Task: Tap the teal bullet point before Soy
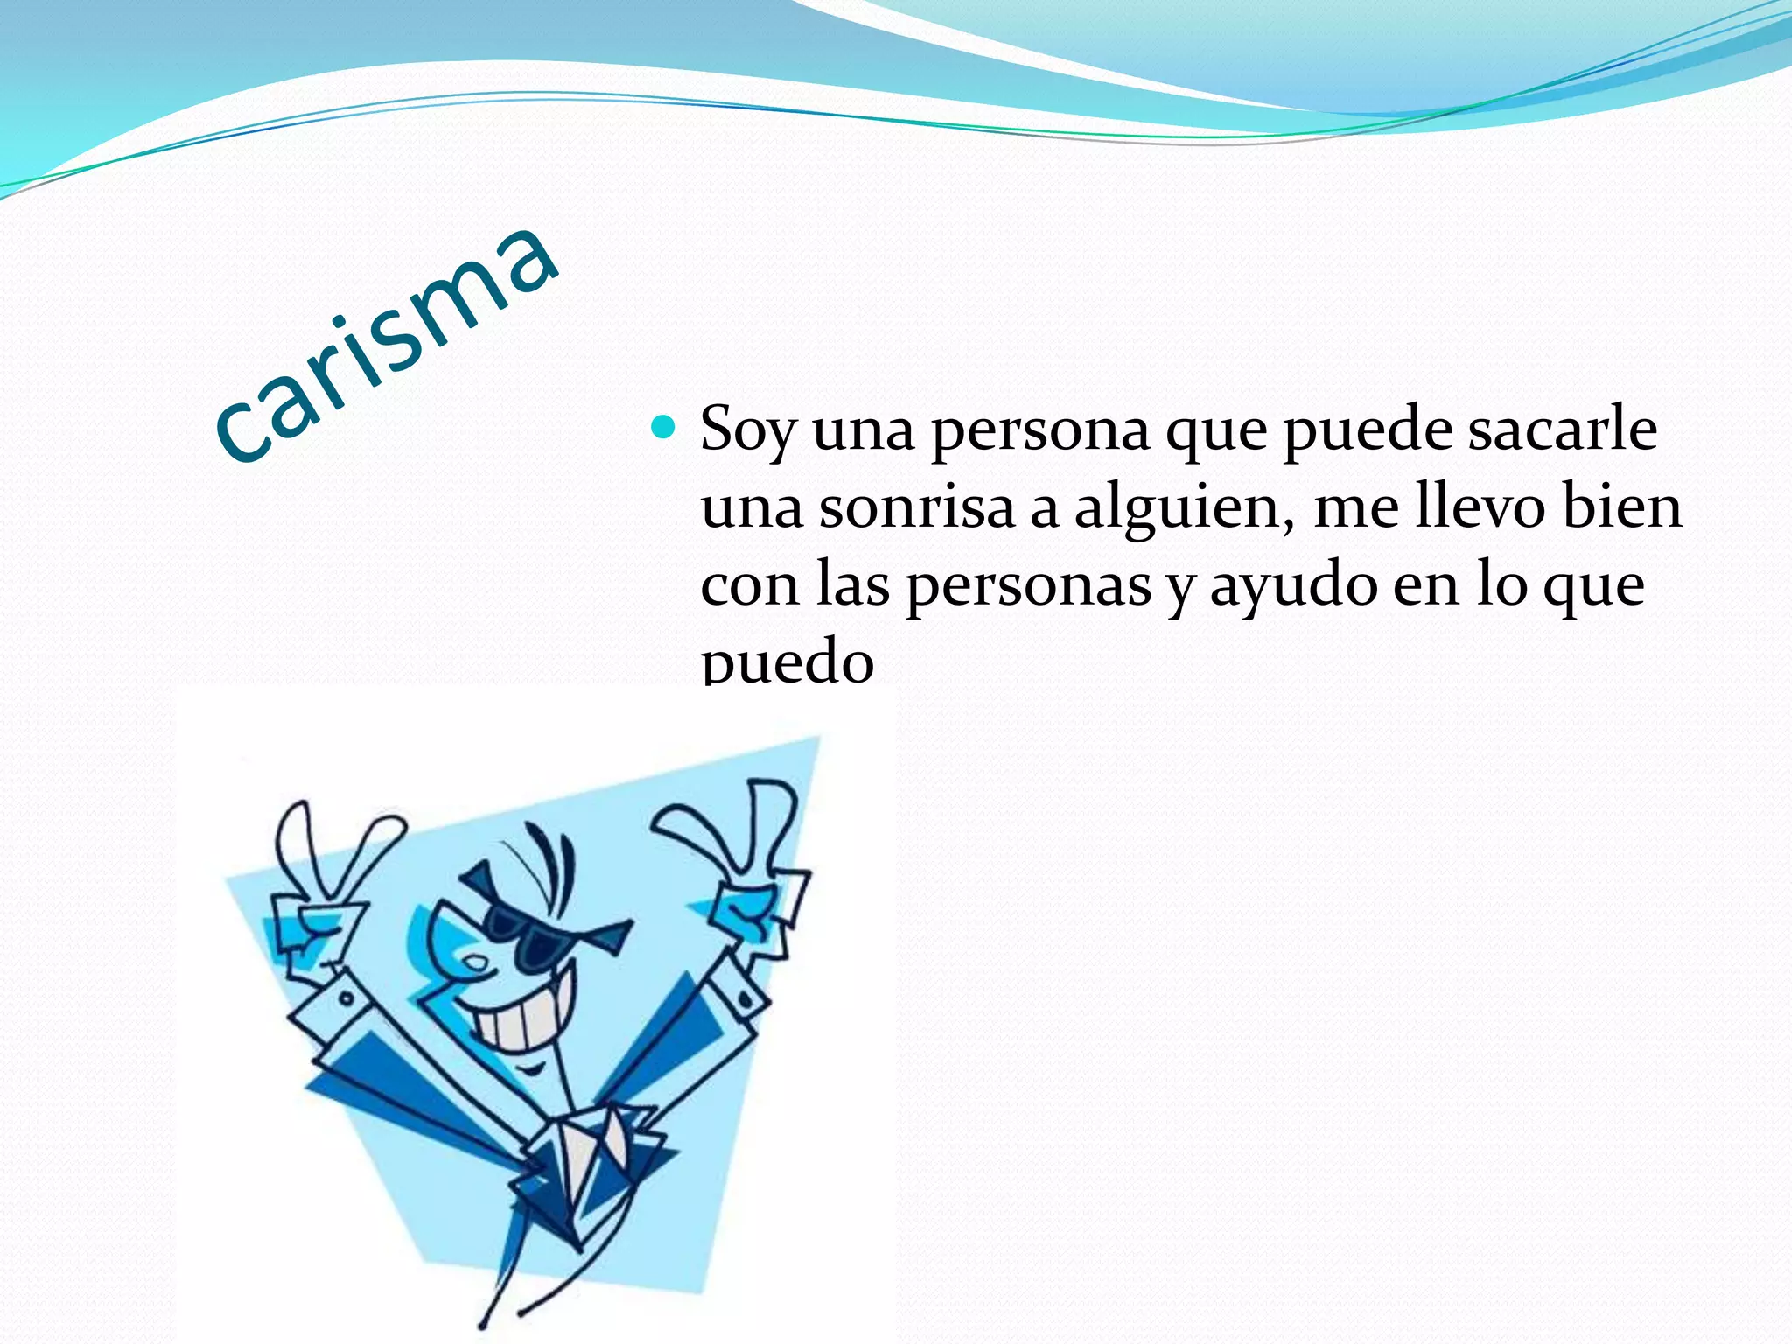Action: (x=664, y=427)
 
